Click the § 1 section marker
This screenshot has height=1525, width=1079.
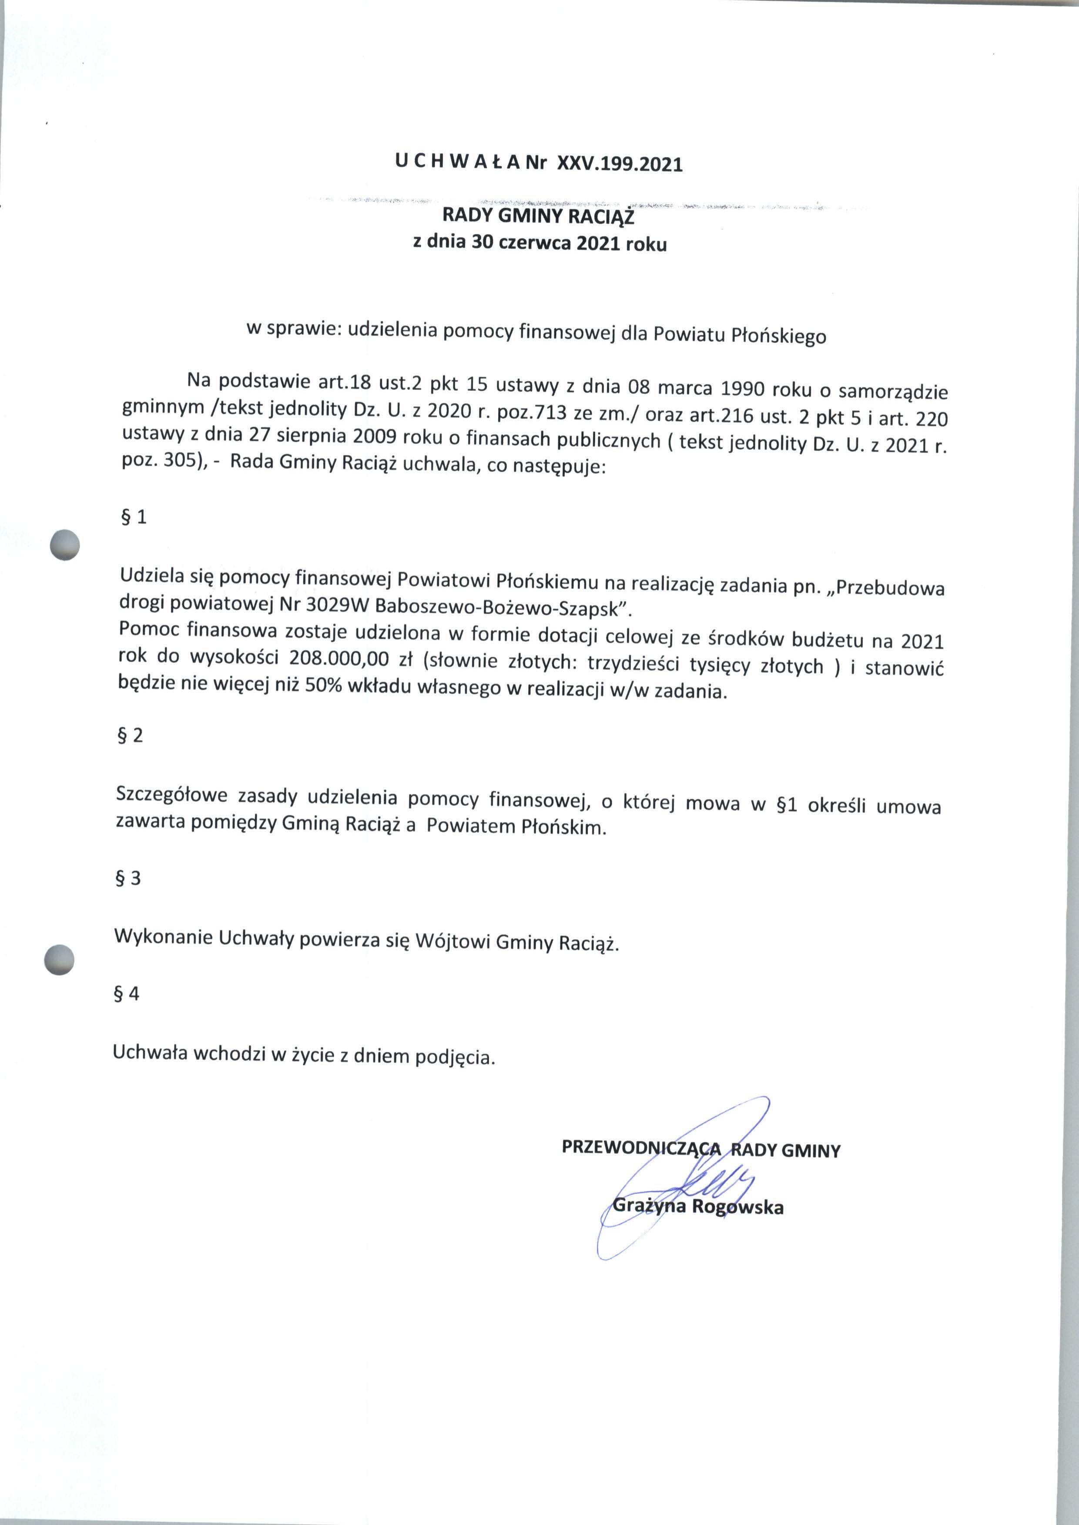point(133,517)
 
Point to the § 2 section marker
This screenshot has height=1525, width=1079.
point(130,735)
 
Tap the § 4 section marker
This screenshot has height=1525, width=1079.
point(127,994)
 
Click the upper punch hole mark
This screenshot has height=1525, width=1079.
point(65,545)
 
